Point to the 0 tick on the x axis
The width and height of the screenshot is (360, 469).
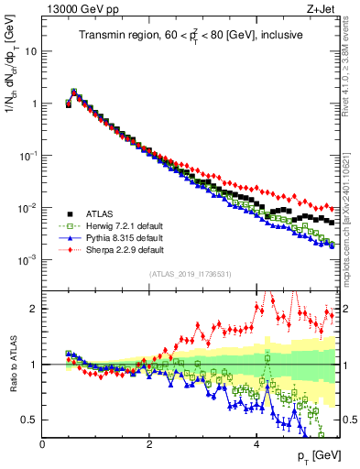42,444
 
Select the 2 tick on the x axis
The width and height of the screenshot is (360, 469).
149,444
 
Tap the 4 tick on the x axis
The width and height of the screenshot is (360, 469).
256,444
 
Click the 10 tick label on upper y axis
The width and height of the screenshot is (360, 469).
30,51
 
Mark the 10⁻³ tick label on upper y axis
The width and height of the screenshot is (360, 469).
27,260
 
